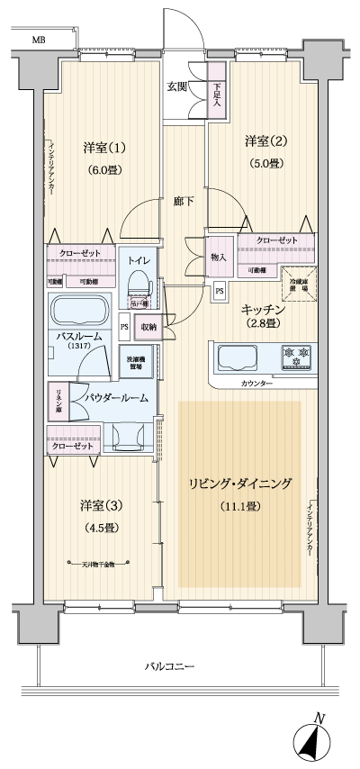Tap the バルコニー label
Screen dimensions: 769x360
pos(169,666)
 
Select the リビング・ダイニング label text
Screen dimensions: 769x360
pos(239,484)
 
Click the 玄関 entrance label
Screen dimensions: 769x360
pos(176,86)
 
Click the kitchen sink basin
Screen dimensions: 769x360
pos(236,357)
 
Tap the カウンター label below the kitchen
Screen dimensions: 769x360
pos(256,384)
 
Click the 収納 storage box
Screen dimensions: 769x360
pos(147,327)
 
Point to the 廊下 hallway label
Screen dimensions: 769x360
pos(184,200)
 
